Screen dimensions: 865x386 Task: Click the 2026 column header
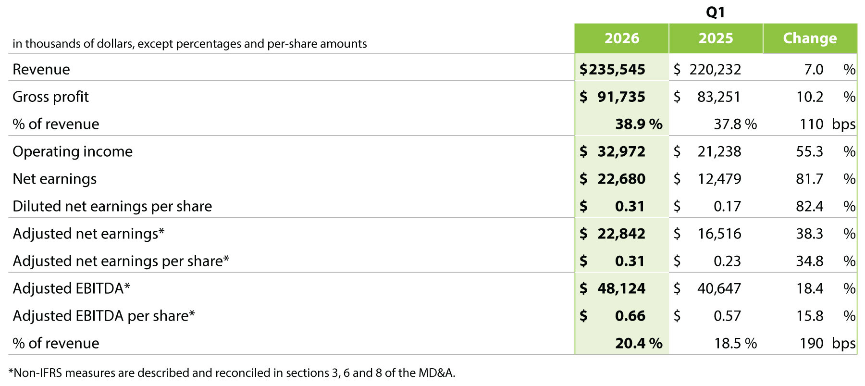coord(622,38)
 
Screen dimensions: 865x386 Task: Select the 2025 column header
coord(716,38)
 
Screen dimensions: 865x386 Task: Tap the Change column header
coord(810,38)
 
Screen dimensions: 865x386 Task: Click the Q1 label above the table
coord(716,12)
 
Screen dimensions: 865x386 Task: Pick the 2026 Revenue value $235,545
coord(612,69)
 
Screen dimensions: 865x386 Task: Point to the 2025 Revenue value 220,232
coord(715,70)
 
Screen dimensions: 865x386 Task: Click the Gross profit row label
coord(50,97)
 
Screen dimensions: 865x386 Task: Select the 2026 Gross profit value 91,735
coord(621,97)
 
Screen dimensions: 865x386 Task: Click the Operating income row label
coord(73,151)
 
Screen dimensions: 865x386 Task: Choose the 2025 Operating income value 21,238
coord(719,152)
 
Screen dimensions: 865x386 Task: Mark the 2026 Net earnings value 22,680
coord(621,179)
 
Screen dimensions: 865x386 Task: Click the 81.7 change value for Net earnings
coord(809,179)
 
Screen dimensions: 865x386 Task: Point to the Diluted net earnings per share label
coord(112,206)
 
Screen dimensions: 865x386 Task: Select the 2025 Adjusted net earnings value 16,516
coord(719,234)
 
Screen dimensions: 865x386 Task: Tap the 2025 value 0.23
coord(727,261)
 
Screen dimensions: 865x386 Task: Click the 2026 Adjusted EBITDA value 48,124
coord(621,288)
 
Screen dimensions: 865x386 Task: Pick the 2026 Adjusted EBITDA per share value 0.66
coord(630,316)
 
